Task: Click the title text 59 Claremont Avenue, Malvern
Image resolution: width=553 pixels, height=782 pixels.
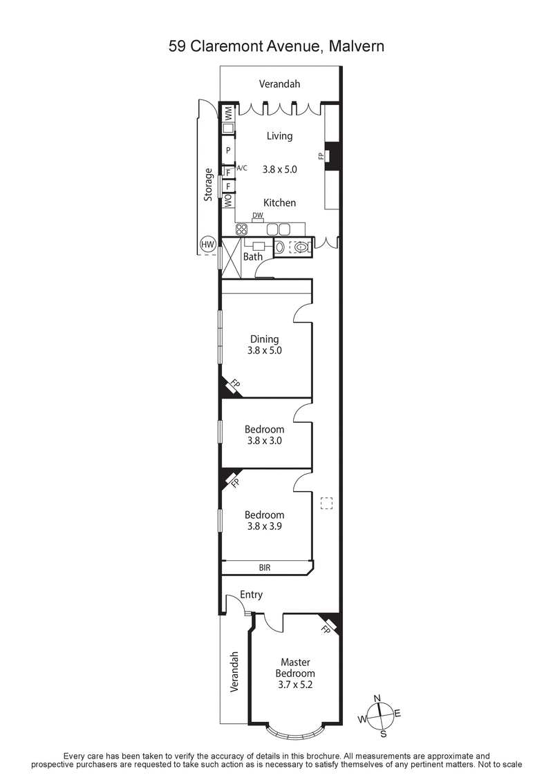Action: click(x=276, y=46)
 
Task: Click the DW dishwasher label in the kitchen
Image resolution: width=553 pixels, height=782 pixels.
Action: click(x=257, y=216)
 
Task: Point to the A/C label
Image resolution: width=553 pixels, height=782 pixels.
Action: click(x=242, y=168)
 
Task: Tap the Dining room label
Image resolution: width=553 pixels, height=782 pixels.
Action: click(x=265, y=338)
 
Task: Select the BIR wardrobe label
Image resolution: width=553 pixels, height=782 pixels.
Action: click(x=265, y=568)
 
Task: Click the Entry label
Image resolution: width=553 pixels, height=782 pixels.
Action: click(x=251, y=595)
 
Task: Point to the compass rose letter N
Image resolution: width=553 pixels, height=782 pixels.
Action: click(x=377, y=698)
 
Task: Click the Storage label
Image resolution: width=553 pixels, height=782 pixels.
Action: click(x=207, y=185)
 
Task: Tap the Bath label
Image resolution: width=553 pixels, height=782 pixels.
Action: click(x=253, y=257)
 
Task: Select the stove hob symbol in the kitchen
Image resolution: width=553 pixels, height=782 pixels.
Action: click(x=243, y=230)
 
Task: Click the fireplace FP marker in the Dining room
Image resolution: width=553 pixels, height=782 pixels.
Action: click(x=234, y=384)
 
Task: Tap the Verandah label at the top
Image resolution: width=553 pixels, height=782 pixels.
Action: click(x=279, y=84)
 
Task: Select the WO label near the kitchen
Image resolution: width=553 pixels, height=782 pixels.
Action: click(x=227, y=200)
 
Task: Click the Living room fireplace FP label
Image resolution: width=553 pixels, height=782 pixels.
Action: click(x=321, y=156)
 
